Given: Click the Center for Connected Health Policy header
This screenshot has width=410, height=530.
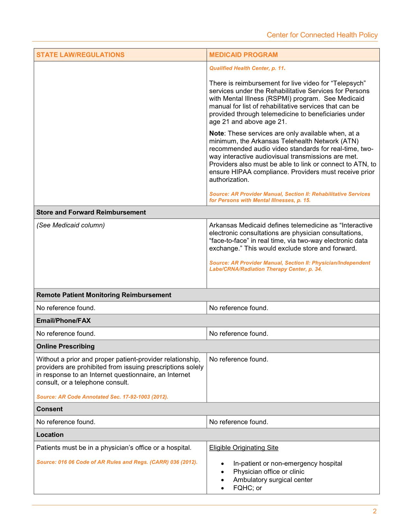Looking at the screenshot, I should tap(322, 35).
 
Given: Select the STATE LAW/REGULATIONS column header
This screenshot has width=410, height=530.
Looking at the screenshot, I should tap(80, 55).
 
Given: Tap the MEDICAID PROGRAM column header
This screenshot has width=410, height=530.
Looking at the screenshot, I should tap(243, 55).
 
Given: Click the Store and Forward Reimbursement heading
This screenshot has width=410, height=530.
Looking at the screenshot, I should tap(91, 212).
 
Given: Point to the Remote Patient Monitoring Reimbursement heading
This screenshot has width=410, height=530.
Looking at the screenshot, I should tap(104, 295).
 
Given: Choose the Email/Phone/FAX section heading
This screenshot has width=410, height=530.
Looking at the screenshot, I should tap(64, 321).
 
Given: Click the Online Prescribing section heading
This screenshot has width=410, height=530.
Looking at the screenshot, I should tap(66, 346).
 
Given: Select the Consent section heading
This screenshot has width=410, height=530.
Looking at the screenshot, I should tap(50, 409).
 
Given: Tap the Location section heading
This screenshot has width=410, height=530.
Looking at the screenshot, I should tap(50, 435).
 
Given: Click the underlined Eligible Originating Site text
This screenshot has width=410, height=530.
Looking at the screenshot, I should tap(244, 448).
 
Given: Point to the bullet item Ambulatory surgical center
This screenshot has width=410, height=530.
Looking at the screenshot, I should tap(273, 480).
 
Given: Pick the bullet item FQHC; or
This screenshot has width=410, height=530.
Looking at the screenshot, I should tap(248, 488).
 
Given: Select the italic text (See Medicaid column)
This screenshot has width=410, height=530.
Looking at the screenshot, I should tap(71, 225).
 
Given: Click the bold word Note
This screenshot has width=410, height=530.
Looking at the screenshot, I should tap(216, 133).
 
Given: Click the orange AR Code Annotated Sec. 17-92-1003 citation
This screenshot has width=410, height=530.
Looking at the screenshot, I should tap(102, 397).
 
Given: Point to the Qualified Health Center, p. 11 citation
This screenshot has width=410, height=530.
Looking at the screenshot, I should tap(247, 68).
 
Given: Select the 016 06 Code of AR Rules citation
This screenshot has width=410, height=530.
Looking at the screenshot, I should tap(117, 462).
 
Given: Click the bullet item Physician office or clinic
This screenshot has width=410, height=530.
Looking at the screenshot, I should tap(269, 472).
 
